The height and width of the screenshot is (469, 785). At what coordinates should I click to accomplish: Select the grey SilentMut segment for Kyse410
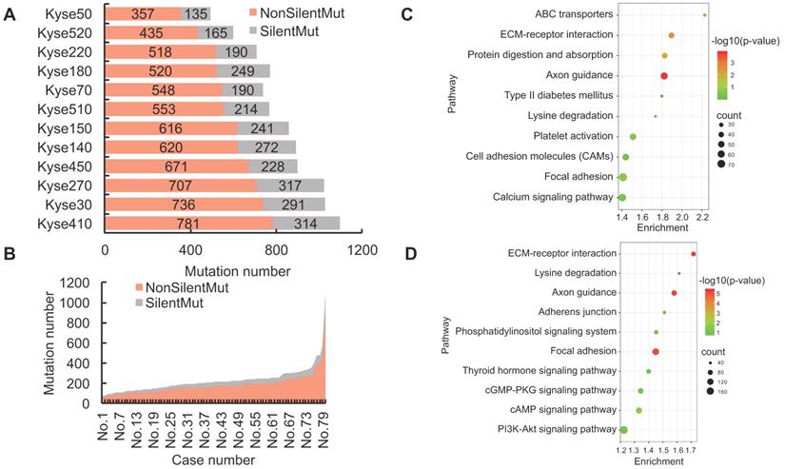pos(319,224)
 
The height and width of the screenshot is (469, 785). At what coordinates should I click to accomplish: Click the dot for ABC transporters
pos(704,15)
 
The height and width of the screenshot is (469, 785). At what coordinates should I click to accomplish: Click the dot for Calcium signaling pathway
pos(621,197)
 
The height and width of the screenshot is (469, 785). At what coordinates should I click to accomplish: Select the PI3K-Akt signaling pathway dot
pos(623,430)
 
